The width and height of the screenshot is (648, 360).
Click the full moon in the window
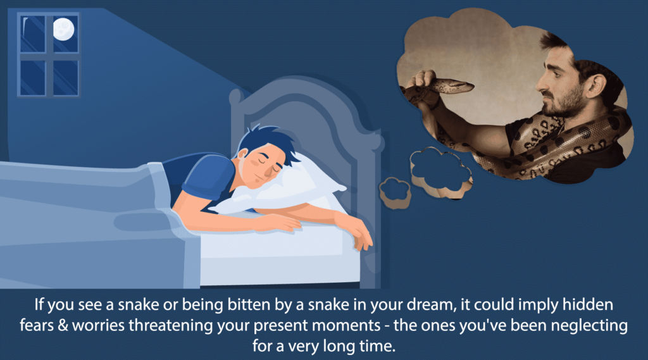63,28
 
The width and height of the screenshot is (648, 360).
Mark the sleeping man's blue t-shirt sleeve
211,173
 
